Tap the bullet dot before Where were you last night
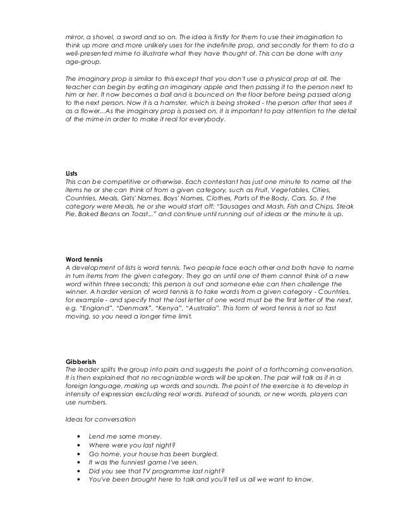77,445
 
